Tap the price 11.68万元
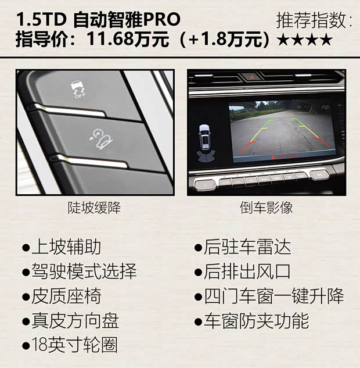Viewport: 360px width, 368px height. (x=127, y=40)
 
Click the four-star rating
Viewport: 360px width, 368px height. (x=305, y=40)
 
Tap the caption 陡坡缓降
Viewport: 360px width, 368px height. (x=94, y=208)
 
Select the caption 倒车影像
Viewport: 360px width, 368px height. (x=266, y=208)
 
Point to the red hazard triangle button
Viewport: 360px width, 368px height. (x=253, y=76)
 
